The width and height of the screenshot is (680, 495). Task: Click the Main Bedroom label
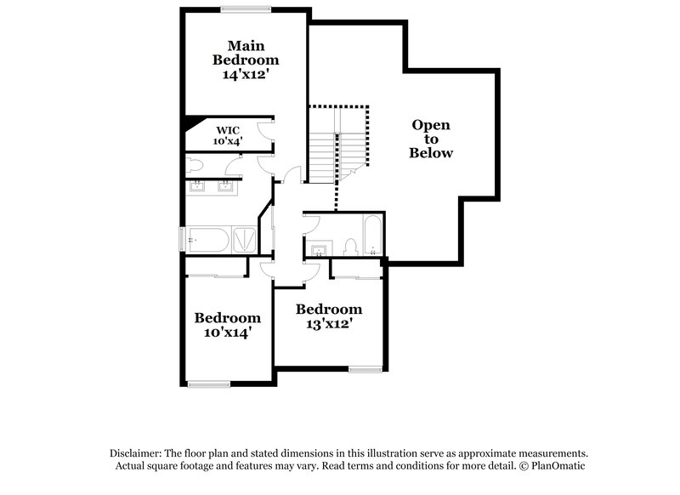pyautogui.click(x=246, y=53)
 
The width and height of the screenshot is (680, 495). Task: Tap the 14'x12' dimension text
pyautogui.click(x=246, y=74)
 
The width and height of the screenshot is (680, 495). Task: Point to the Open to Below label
pyautogui.click(x=431, y=139)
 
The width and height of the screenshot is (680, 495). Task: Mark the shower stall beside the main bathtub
pyautogui.click(x=245, y=239)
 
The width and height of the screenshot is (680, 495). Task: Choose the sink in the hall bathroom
pyautogui.click(x=320, y=249)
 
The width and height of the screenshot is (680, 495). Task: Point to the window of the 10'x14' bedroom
pyautogui.click(x=209, y=384)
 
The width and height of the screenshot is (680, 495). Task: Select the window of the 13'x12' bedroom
pyautogui.click(x=364, y=368)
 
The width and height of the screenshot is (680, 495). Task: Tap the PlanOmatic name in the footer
pyautogui.click(x=557, y=466)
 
